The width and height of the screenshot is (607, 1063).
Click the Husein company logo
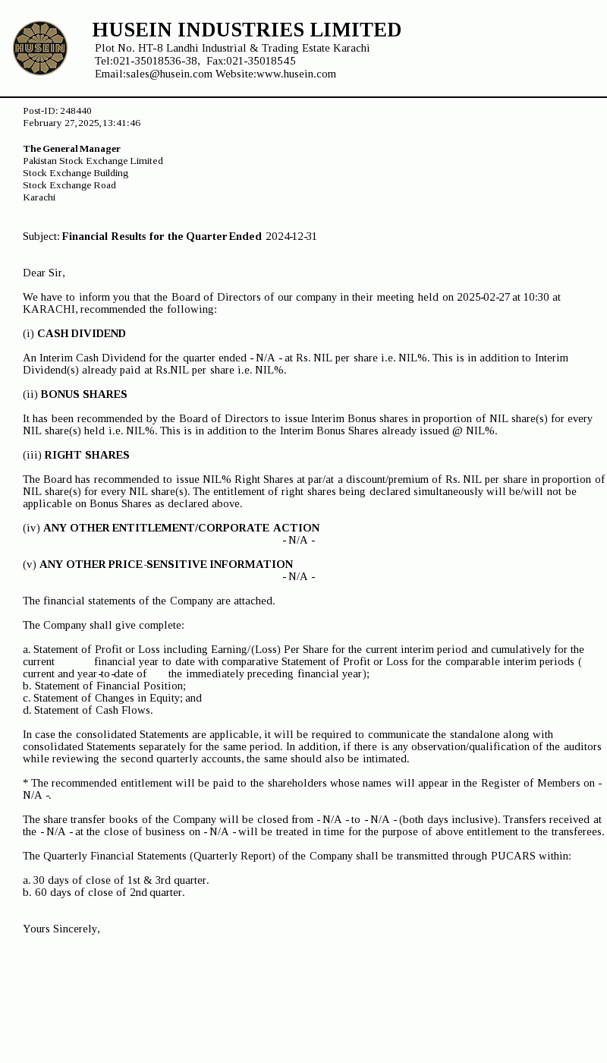coord(40,48)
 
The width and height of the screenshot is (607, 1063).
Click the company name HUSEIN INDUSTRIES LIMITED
coord(247,30)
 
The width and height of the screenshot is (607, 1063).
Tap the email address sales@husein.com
coord(169,74)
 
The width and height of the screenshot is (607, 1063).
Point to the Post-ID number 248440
coord(76,111)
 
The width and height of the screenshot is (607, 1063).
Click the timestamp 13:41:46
coord(121,123)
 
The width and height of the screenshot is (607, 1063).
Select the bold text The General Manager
coord(72,149)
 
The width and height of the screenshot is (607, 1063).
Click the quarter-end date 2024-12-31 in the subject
coord(291,236)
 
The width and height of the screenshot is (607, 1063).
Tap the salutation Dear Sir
coord(44,273)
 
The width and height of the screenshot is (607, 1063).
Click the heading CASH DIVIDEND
coord(81,333)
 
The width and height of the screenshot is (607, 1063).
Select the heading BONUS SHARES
coord(83,394)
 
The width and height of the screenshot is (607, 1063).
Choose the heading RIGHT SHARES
coord(86,455)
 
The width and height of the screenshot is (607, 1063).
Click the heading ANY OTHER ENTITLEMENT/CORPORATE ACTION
coord(181,528)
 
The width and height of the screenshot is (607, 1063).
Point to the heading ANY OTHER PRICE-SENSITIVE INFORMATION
coord(166,564)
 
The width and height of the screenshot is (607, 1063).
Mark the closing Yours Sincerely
coord(61,929)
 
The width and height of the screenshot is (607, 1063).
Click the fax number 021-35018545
coord(260,61)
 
